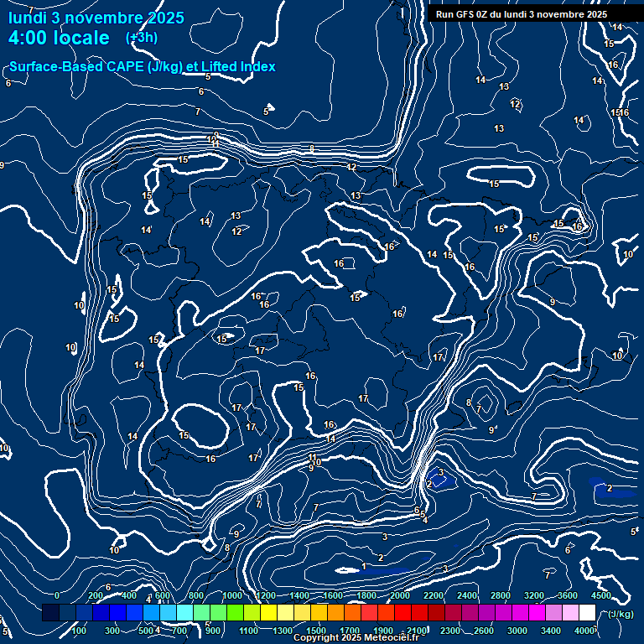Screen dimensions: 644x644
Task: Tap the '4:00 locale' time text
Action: (59, 38)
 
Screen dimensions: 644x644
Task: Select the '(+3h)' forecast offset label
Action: (141, 38)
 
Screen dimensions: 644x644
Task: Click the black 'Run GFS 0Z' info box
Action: (522, 14)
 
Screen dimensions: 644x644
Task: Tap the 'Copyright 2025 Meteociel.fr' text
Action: (356, 638)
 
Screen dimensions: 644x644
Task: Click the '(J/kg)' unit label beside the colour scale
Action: (621, 614)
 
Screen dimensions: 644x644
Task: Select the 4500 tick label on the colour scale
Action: (600, 595)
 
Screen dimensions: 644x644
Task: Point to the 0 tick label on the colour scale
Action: (56, 595)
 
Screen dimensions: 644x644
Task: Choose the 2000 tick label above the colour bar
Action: (399, 595)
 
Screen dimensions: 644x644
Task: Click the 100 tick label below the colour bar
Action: (79, 631)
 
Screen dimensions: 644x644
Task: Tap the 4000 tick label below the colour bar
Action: (585, 631)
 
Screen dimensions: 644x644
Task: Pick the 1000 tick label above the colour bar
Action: (232, 595)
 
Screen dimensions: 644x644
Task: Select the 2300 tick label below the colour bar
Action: (449, 631)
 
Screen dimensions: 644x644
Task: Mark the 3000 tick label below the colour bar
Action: (517, 631)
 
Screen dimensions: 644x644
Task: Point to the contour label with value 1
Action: (363, 566)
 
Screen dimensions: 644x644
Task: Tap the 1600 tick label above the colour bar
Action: (332, 595)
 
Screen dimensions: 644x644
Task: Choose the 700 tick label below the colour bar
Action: (179, 631)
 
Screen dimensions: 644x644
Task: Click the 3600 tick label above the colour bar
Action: (567, 595)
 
